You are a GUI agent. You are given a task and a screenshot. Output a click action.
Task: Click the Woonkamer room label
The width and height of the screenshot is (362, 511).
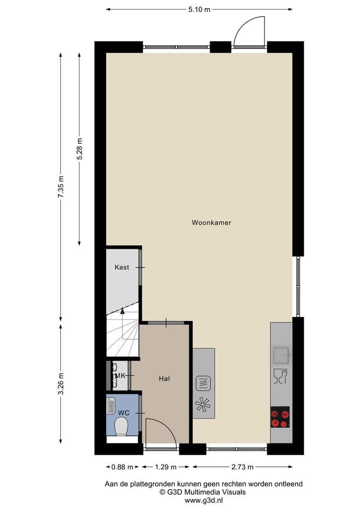tap(211, 222)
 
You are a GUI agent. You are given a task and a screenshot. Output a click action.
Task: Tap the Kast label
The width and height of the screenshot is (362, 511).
tap(121, 267)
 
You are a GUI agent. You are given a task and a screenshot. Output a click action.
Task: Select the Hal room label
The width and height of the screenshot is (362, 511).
tap(164, 378)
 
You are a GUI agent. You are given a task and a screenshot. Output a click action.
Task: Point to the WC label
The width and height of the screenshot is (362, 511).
tap(124, 413)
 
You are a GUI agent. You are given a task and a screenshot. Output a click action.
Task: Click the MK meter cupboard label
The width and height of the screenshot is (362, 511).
tap(120, 375)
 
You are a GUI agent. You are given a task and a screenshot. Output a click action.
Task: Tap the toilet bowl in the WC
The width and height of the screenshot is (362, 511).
tap(122, 427)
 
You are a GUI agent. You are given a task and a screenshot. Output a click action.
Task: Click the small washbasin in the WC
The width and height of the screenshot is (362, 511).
tap(111, 405)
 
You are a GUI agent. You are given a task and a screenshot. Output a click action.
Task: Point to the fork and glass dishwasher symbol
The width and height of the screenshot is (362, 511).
tap(280, 376)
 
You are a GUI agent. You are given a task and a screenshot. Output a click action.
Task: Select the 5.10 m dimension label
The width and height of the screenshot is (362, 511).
tap(199, 10)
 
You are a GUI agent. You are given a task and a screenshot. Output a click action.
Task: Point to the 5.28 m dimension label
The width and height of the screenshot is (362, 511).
tap(79, 149)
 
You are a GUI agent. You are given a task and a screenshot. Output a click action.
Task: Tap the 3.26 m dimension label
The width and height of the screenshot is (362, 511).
tap(61, 384)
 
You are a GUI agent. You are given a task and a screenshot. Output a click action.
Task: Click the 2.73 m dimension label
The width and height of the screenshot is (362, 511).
tap(242, 467)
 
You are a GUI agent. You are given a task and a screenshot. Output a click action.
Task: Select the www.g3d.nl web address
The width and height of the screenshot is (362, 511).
tap(204, 500)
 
